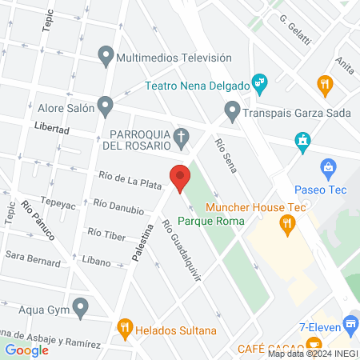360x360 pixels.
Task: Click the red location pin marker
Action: coord(179,177)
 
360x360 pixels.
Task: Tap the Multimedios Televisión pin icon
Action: coord(105,57)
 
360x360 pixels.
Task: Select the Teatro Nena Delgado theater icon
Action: coord(259,82)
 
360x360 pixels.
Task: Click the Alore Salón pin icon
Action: coord(105,106)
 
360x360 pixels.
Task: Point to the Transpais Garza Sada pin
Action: coord(232,111)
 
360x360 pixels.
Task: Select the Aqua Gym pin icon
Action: coord(80,306)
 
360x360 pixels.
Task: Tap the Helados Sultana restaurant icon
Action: coord(124,328)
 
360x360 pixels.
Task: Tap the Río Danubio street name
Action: coord(118,209)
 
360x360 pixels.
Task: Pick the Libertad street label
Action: coord(52,128)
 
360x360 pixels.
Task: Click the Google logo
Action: coord(26,350)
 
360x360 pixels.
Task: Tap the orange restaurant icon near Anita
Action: coord(324,82)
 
